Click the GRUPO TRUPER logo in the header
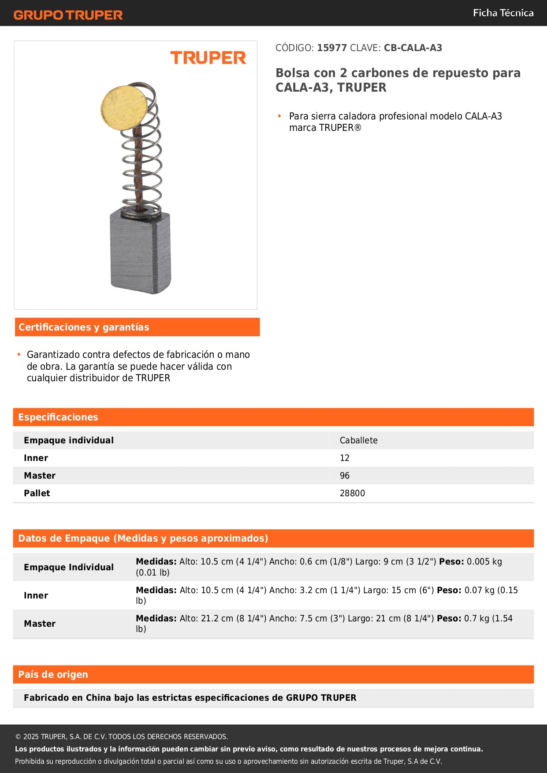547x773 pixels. (x=68, y=15)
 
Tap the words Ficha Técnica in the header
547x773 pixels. (x=503, y=13)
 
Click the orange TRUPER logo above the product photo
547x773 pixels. (x=208, y=58)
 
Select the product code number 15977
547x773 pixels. (x=331, y=48)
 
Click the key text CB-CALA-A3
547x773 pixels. (x=413, y=48)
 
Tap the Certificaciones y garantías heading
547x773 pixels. (x=84, y=327)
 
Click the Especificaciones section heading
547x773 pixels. (x=58, y=417)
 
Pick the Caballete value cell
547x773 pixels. (x=358, y=440)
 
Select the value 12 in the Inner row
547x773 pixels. (x=344, y=458)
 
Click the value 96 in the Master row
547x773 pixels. (x=344, y=476)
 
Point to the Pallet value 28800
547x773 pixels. (x=352, y=493)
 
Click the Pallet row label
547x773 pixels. (x=37, y=493)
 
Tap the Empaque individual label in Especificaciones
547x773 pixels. (x=69, y=440)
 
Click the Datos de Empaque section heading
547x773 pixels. (x=143, y=538)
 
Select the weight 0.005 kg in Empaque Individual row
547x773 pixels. (x=484, y=561)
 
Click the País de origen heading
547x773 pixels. (x=53, y=674)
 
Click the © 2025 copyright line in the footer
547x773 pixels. (x=121, y=736)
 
